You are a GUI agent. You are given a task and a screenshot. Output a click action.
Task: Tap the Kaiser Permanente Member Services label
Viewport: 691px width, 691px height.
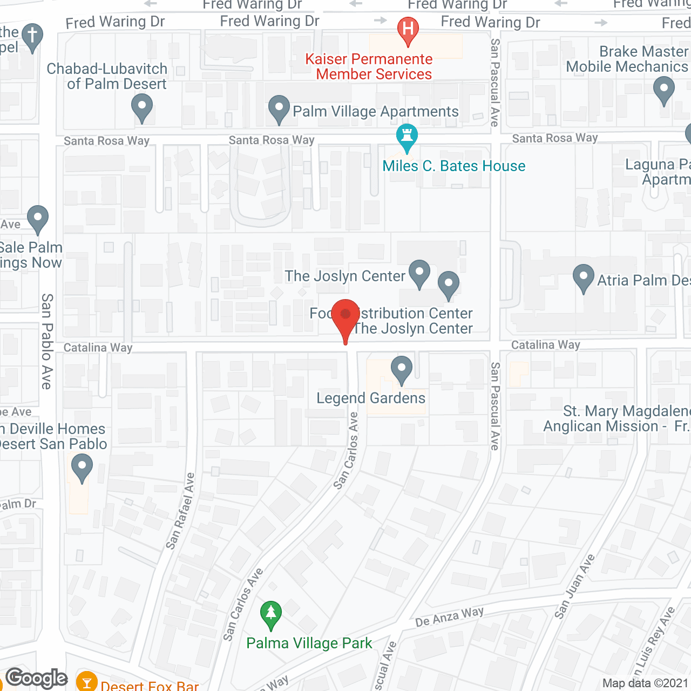tap(369, 66)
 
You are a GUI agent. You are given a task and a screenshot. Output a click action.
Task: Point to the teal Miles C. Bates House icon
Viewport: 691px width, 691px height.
tap(407, 137)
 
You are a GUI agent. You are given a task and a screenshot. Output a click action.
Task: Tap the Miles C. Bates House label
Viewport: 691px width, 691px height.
tap(453, 166)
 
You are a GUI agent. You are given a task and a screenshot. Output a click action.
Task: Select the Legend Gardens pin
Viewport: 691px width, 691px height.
tap(401, 369)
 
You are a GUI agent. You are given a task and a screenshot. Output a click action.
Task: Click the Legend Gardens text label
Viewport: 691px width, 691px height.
tap(371, 398)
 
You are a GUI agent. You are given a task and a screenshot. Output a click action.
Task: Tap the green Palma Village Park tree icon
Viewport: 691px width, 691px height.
tap(271, 614)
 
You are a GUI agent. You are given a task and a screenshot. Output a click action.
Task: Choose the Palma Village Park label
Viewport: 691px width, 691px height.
tap(309, 643)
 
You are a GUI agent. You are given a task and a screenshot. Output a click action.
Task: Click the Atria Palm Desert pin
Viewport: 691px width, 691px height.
tap(584, 277)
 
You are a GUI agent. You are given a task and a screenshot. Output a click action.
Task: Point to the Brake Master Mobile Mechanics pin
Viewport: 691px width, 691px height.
tap(664, 90)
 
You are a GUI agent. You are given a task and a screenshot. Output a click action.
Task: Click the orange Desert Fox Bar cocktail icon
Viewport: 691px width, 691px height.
tap(86, 682)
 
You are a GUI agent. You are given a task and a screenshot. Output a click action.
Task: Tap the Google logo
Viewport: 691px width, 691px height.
tap(36, 678)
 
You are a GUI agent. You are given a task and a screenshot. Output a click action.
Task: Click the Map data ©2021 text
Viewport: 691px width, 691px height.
tap(645, 683)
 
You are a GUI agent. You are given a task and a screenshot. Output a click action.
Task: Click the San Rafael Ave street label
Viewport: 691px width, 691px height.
tap(180, 511)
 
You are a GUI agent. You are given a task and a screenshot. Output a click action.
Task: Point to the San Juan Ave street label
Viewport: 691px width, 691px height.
tap(575, 586)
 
